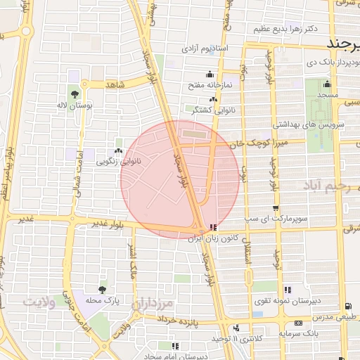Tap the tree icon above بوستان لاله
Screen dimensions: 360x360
click(75, 93)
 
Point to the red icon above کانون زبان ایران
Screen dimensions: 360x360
click(213, 229)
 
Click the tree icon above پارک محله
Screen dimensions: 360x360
click(103, 289)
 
